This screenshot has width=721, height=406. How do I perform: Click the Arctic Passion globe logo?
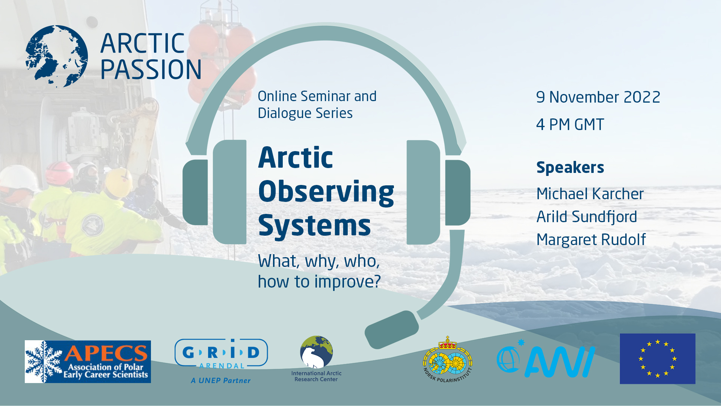pos(56,56)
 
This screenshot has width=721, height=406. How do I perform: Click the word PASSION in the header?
pos(151,70)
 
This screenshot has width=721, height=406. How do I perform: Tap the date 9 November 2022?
pos(598,97)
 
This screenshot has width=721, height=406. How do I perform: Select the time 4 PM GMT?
pos(570,125)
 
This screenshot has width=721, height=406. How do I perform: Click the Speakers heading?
pos(570,168)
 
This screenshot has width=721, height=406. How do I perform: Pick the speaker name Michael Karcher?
pos(590,194)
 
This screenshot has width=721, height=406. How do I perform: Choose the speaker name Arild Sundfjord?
pos(586,217)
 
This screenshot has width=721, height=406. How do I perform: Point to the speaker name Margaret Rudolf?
pos(591,240)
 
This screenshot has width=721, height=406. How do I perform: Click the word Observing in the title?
pos(326,192)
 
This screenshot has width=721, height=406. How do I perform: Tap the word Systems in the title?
pos(314,226)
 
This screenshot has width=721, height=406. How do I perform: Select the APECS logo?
pos(87,362)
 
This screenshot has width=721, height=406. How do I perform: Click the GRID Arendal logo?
pos(221,353)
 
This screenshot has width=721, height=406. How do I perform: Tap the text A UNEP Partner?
pos(220,380)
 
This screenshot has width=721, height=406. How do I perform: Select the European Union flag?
pos(657,359)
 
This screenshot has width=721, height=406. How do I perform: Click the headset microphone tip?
pos(391,329)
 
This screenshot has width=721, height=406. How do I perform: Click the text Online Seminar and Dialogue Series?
pos(317,105)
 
